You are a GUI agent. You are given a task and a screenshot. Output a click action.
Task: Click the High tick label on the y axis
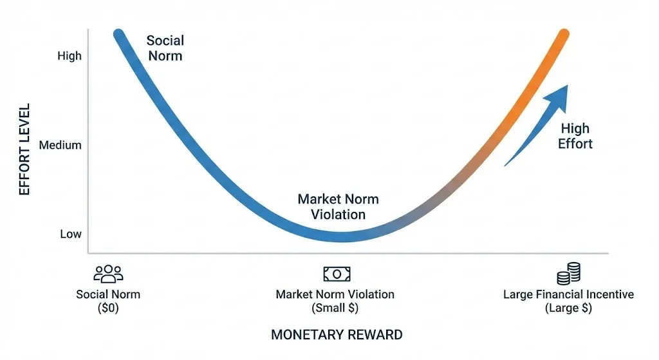click(x=70, y=56)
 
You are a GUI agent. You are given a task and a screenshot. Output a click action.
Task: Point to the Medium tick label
click(x=60, y=145)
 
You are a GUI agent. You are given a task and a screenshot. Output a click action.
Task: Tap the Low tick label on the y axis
click(x=71, y=234)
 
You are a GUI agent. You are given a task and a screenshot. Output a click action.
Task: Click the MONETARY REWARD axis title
click(x=337, y=335)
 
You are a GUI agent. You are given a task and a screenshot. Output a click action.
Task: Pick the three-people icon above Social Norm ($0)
click(x=108, y=274)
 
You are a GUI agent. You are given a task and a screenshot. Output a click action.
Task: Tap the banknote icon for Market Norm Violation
click(x=337, y=274)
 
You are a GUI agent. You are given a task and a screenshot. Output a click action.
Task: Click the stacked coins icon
click(x=568, y=274)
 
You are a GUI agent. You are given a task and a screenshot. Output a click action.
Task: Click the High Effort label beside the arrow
click(x=575, y=136)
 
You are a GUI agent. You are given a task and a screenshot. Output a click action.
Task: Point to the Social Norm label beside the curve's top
click(x=165, y=48)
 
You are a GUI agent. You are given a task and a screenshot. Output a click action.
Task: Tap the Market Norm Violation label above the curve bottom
click(x=338, y=207)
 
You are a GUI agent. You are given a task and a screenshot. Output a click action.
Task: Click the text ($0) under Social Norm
click(x=108, y=308)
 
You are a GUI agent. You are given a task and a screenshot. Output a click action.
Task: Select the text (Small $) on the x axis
click(x=335, y=308)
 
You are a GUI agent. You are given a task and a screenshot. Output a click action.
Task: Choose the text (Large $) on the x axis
click(x=568, y=308)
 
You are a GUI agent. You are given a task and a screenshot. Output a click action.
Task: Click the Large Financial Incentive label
click(x=568, y=294)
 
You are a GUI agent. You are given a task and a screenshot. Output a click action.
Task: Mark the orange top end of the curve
click(x=564, y=35)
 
